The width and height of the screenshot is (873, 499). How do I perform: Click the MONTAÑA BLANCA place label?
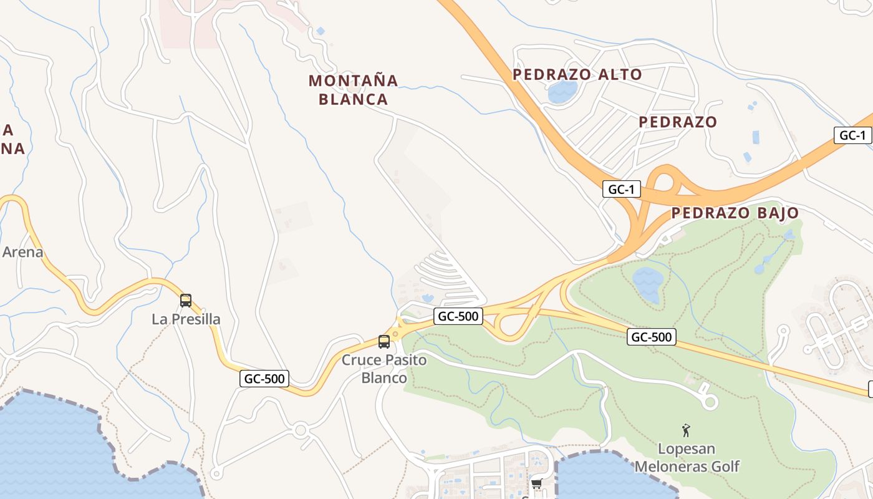(353, 89)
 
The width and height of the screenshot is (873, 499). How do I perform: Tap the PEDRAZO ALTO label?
(577, 74)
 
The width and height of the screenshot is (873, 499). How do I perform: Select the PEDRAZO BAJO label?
(735, 213)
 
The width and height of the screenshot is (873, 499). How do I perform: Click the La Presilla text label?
(186, 319)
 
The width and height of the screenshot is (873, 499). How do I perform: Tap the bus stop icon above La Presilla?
(186, 301)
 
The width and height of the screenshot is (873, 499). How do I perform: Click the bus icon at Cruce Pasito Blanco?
(384, 342)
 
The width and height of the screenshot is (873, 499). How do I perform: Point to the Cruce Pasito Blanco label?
(384, 369)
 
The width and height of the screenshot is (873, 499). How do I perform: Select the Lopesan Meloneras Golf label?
(687, 457)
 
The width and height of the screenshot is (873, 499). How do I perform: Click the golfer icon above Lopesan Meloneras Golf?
(686, 430)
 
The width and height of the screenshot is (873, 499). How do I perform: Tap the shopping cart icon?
(536, 483)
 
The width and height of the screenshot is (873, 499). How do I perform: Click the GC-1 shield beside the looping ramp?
(621, 190)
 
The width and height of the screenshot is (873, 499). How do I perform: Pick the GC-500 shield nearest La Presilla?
(264, 378)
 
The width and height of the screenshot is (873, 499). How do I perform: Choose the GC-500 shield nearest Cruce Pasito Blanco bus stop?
(458, 316)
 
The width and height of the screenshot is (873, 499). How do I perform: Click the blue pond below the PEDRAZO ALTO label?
(562, 92)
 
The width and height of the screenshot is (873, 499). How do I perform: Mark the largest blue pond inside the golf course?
(647, 284)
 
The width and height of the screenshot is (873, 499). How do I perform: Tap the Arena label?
(22, 252)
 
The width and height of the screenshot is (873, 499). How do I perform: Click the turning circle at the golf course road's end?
(710, 402)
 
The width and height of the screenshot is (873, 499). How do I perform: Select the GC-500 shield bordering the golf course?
(652, 337)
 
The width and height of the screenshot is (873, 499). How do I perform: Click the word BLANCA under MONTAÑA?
(353, 99)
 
